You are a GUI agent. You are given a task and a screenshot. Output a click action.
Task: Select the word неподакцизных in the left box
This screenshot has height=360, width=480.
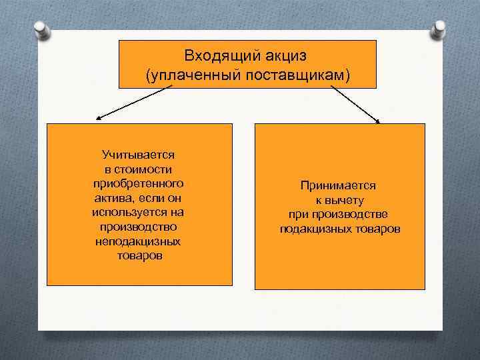pyautogui.click(x=139, y=242)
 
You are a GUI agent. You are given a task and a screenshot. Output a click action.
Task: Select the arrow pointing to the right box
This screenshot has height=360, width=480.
pyautogui.click(x=355, y=105)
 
